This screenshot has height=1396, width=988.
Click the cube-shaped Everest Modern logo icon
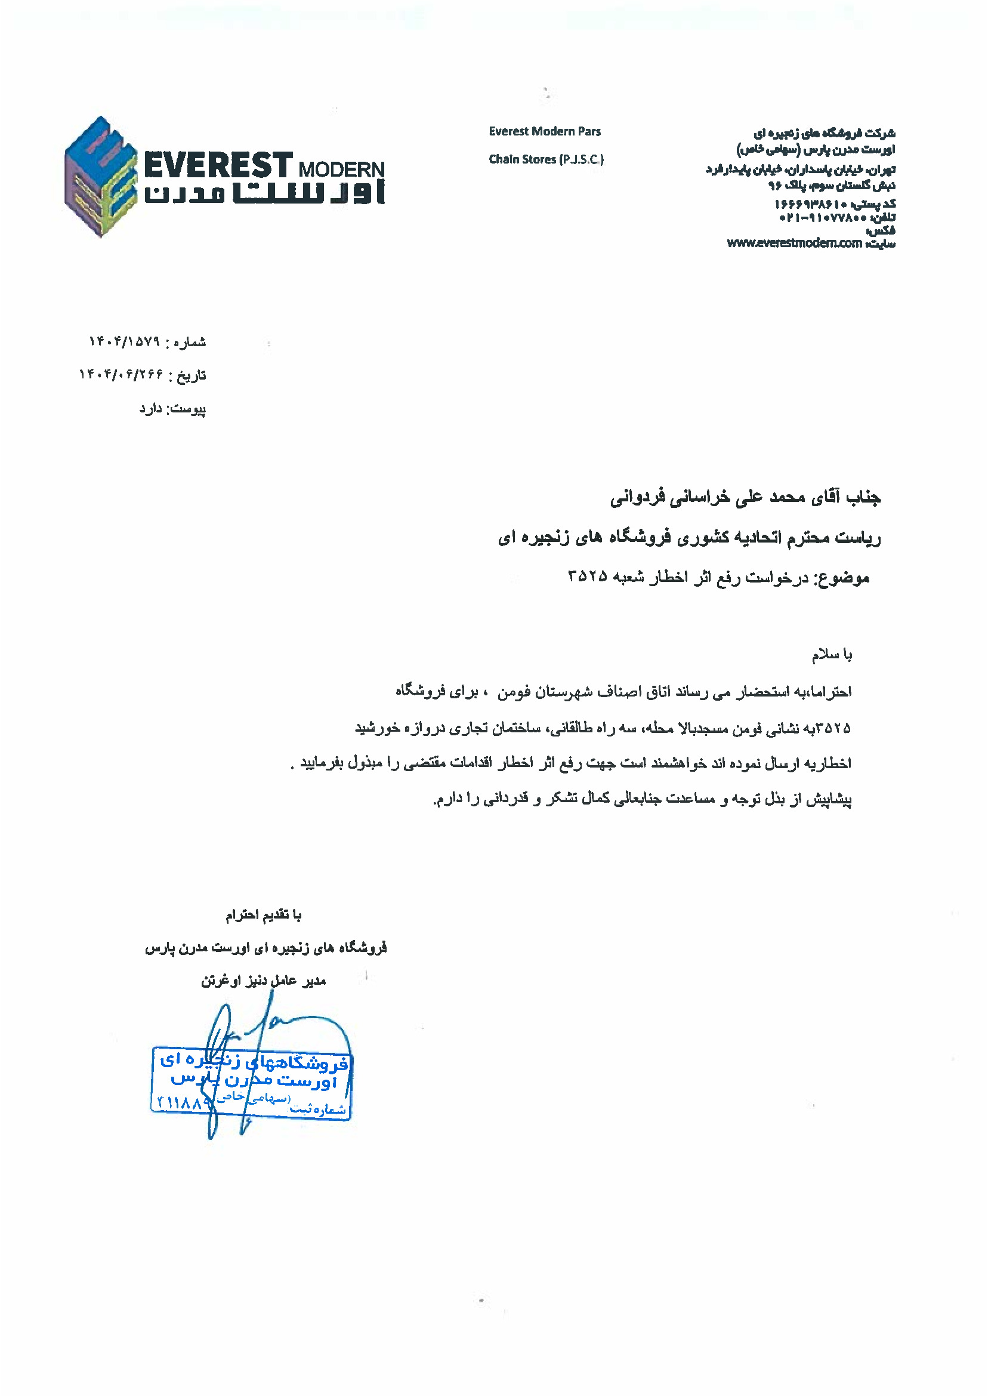click(100, 177)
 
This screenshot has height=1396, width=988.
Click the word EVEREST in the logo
click(218, 165)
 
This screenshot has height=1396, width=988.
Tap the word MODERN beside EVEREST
click(341, 170)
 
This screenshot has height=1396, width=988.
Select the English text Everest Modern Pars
click(545, 131)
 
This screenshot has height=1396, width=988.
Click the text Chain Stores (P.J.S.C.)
click(546, 159)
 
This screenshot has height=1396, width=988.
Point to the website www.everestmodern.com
click(794, 244)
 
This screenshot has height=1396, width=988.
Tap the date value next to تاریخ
click(121, 374)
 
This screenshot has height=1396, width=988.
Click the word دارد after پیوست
click(151, 408)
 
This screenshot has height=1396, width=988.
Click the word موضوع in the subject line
click(842, 578)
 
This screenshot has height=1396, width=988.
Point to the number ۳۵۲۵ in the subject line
click(587, 576)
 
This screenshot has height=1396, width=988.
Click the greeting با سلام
click(832, 655)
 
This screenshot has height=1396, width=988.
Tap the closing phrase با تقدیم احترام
click(264, 916)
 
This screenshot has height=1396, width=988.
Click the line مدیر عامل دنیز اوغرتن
click(264, 981)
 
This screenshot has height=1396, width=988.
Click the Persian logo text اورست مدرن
click(264, 193)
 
